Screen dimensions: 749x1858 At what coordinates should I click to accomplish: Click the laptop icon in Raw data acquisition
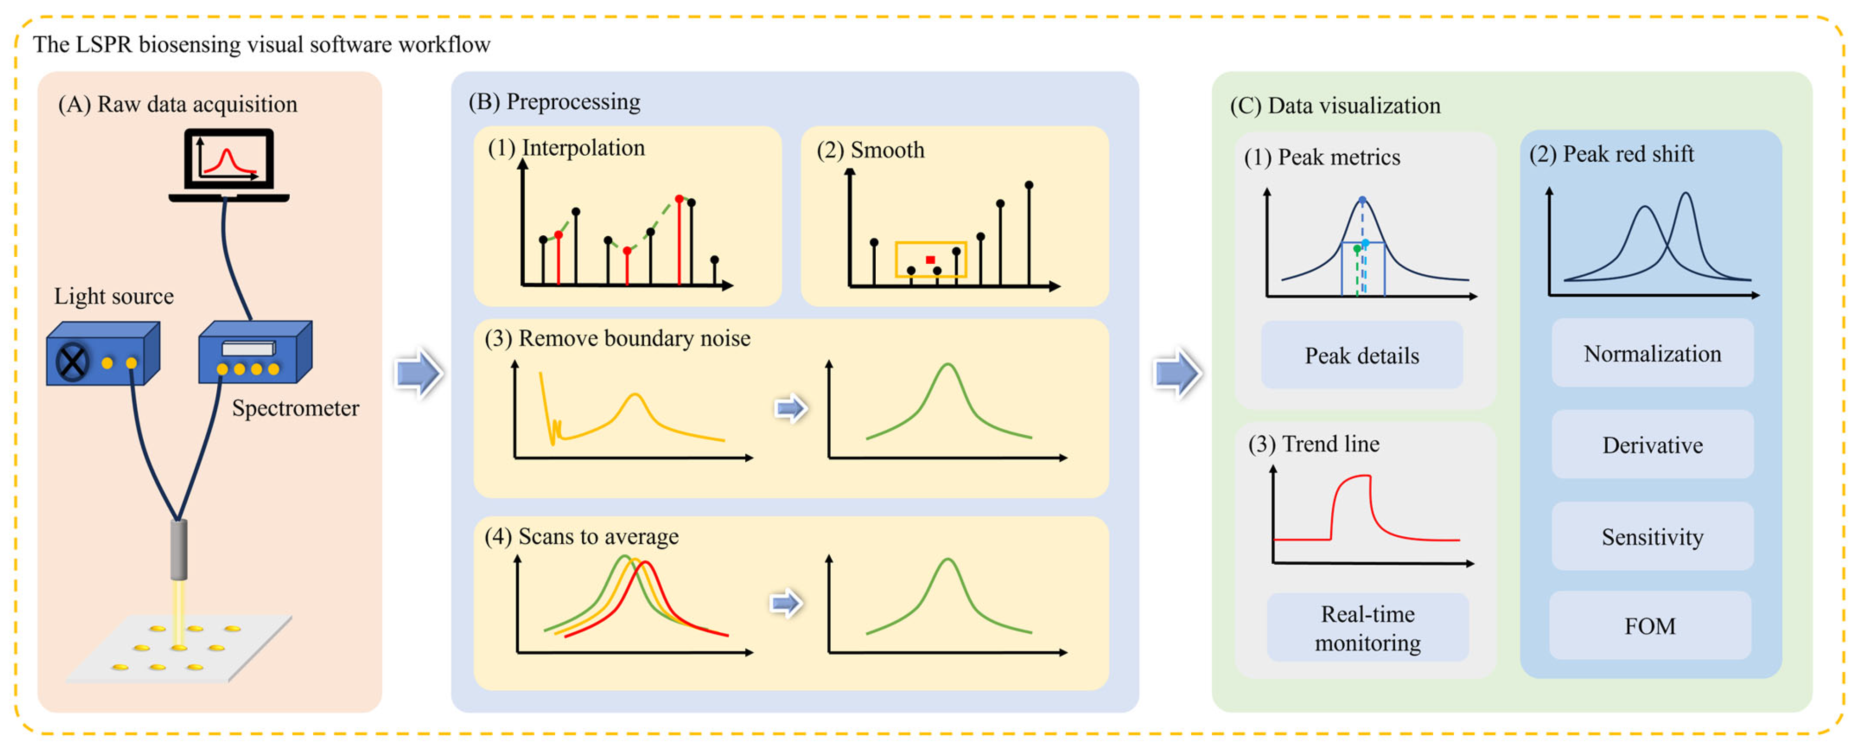[x=229, y=165]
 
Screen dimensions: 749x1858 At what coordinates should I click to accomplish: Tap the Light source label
[x=114, y=296]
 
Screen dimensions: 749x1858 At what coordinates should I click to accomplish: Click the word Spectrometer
[x=295, y=409]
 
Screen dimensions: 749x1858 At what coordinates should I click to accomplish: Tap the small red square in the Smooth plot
[x=930, y=260]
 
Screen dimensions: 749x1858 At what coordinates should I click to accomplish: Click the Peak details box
[x=1362, y=356]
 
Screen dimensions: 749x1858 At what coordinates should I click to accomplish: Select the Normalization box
[x=1652, y=353]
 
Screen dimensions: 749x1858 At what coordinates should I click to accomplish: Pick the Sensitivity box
[x=1652, y=537]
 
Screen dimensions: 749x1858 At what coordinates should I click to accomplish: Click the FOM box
[x=1650, y=625]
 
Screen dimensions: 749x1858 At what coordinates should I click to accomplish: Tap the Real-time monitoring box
[x=1368, y=628]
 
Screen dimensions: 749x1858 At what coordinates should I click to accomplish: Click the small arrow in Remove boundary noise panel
[x=790, y=409]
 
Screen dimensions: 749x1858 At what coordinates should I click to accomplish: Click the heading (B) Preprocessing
[x=554, y=102]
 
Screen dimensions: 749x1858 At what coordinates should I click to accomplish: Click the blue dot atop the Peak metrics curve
[x=1362, y=200]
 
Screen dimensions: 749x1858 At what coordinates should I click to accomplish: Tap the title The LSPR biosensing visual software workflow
[x=261, y=45]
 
